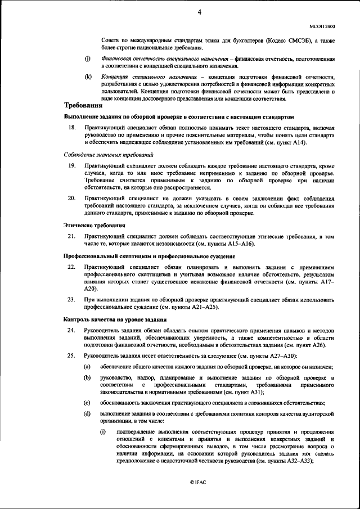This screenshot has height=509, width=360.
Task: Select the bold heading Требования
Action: click(x=83, y=106)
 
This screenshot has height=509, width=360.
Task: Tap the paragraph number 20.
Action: click(x=71, y=199)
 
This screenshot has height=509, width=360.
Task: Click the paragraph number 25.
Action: click(x=71, y=356)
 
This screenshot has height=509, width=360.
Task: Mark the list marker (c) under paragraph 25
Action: click(x=87, y=403)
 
